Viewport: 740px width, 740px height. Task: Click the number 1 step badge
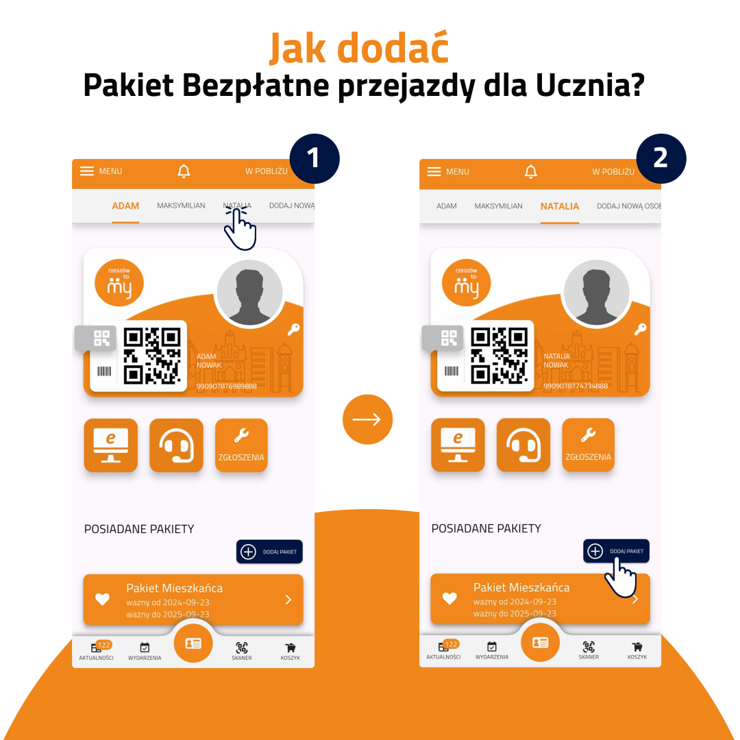click(x=314, y=159)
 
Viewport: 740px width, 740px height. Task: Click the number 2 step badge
click(x=661, y=159)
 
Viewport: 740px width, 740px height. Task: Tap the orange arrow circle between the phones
click(x=367, y=419)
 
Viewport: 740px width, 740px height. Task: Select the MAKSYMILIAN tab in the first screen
click(x=181, y=206)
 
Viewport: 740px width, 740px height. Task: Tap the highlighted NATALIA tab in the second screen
click(x=559, y=206)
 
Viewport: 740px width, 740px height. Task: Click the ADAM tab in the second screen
click(x=447, y=206)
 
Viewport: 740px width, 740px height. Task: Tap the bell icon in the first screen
click(x=184, y=171)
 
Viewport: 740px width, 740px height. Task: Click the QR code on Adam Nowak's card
click(x=151, y=355)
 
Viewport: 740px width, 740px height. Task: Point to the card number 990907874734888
click(x=576, y=386)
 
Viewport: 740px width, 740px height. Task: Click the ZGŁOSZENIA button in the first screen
click(x=241, y=445)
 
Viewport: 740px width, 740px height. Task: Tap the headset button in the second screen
click(x=523, y=445)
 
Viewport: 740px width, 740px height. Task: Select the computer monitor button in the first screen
click(x=111, y=445)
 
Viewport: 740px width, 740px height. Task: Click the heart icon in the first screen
click(x=102, y=599)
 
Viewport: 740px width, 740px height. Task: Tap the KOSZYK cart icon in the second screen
click(x=637, y=647)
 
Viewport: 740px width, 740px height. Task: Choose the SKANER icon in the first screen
click(x=241, y=648)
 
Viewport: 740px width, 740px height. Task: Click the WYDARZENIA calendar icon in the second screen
click(x=492, y=647)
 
